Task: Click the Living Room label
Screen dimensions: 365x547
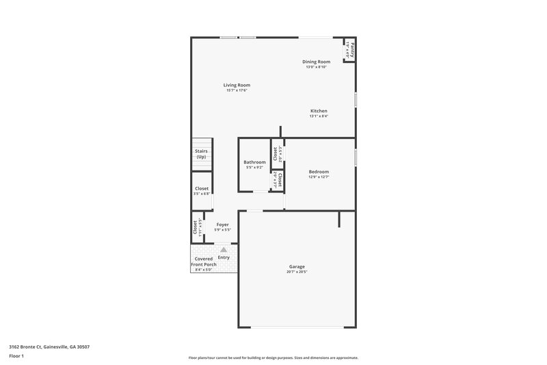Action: pos(237,85)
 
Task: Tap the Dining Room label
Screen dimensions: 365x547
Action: pos(316,62)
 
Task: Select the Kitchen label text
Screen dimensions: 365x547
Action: pos(319,111)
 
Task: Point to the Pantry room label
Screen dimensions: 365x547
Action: pos(349,49)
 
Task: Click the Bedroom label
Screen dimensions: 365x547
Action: pos(319,172)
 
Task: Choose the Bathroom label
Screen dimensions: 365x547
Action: pos(254,162)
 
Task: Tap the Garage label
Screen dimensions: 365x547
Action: pos(296,266)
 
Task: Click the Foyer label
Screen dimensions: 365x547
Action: pos(222,225)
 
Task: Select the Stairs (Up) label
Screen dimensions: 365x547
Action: pos(201,154)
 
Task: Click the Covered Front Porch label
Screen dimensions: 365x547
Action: pos(204,262)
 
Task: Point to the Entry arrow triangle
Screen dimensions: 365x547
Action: pos(223,251)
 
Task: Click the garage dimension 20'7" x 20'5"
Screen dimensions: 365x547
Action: pos(297,272)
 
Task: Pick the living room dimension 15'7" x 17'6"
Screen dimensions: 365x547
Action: pos(237,90)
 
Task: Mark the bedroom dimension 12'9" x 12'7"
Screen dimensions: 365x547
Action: pos(319,177)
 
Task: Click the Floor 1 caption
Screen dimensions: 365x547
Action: pos(17,357)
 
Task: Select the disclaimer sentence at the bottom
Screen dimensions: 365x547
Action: pos(273,357)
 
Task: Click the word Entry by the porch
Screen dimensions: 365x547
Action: pos(223,257)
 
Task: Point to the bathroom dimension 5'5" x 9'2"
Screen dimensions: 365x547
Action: pos(254,168)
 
